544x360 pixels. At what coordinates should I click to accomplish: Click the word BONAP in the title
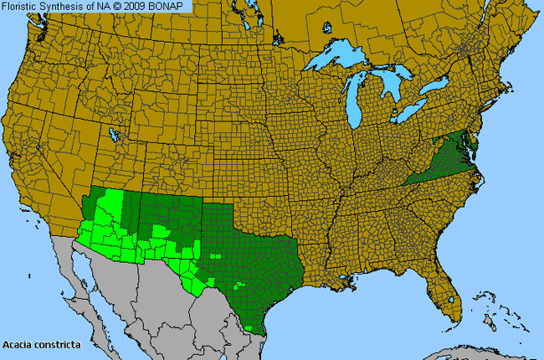pos(170,7)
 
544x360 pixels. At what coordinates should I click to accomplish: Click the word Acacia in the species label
pos(18,344)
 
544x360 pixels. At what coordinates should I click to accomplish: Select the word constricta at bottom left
pos(55,344)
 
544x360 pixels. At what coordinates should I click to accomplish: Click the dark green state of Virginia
pos(443,162)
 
